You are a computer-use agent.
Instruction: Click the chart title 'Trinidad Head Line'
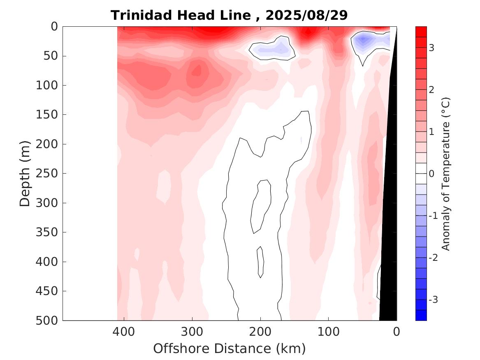tap(181, 15)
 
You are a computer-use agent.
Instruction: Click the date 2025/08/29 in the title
tap(307, 15)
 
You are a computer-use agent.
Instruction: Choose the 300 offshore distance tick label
tap(192, 331)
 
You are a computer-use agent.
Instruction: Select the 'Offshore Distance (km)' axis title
tap(230, 348)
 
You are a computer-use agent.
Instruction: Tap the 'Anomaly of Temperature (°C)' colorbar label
tap(446, 174)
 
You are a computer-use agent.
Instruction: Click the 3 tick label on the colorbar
tap(431, 48)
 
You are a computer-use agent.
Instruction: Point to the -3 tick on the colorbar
tap(433, 300)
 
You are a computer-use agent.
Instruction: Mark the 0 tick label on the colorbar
tap(431, 174)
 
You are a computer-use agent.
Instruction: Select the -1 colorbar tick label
tap(433, 216)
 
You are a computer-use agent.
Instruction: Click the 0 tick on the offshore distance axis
tap(397, 331)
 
